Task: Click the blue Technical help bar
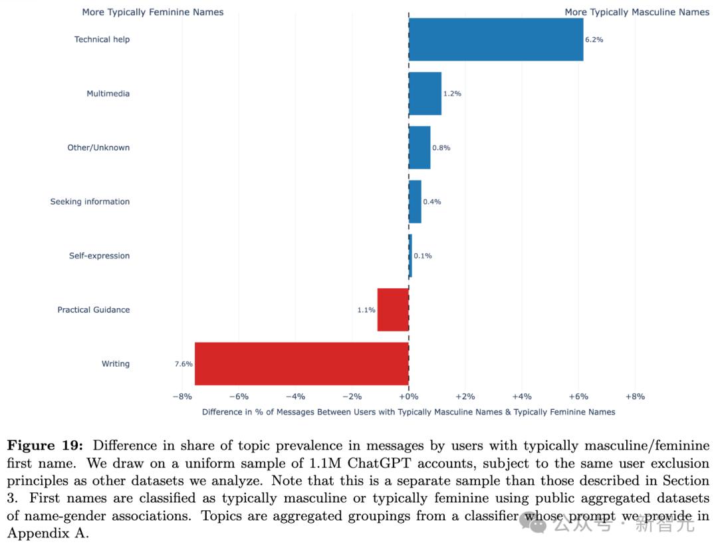click(x=495, y=39)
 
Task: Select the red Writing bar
click(x=301, y=363)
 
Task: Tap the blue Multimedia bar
click(x=425, y=94)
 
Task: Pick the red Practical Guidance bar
click(x=393, y=310)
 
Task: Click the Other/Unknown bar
click(x=419, y=147)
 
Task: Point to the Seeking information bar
click(x=415, y=201)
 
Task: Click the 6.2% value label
click(x=594, y=40)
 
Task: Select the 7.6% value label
click(x=183, y=364)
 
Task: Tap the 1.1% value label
click(x=366, y=310)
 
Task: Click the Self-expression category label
click(x=99, y=256)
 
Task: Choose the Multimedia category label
click(x=108, y=94)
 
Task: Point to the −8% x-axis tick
click(x=182, y=397)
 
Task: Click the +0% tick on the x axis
click(x=408, y=397)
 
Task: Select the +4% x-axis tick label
click(x=521, y=397)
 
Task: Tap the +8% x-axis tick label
click(x=634, y=397)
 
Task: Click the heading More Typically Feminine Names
click(x=153, y=12)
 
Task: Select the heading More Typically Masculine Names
click(x=637, y=12)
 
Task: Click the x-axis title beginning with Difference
click(x=408, y=412)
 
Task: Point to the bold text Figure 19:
click(x=45, y=446)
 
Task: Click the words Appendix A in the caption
click(x=47, y=533)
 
